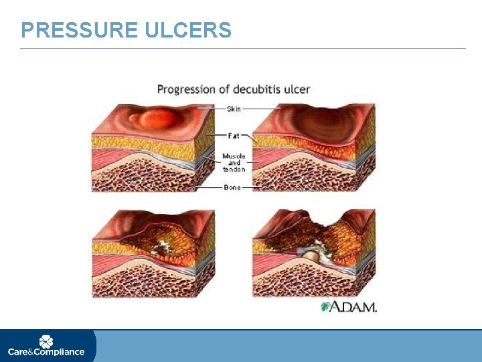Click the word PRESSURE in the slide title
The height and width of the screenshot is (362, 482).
(79, 30)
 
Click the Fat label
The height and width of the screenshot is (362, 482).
(234, 135)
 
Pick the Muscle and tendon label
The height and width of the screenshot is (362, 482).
(234, 162)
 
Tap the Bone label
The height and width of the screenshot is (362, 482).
(232, 188)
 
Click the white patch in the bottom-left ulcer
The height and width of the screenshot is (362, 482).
(161, 247)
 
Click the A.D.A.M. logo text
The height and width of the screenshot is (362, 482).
(355, 306)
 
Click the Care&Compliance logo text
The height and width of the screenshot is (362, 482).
(46, 351)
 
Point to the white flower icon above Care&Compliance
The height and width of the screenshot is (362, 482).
(46, 341)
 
